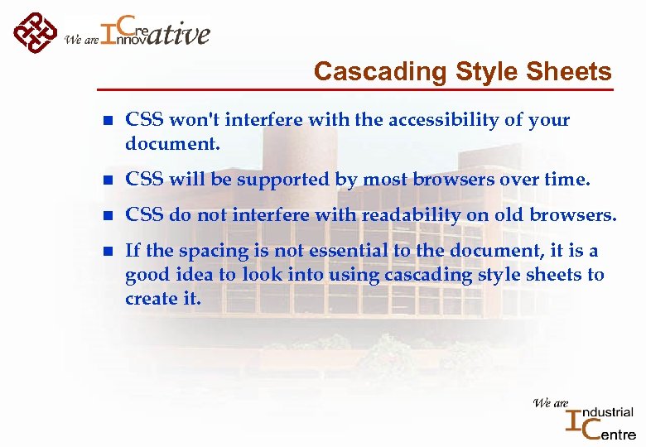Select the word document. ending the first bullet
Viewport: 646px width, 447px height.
click(x=172, y=144)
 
